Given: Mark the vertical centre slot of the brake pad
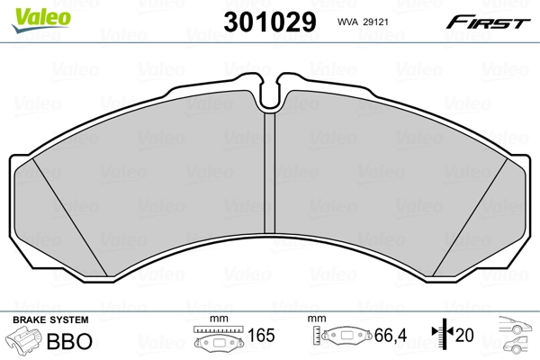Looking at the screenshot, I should coord(268,180).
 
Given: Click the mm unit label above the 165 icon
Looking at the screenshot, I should coord(215,319).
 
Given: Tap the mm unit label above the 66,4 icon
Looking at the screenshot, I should coord(316,319).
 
